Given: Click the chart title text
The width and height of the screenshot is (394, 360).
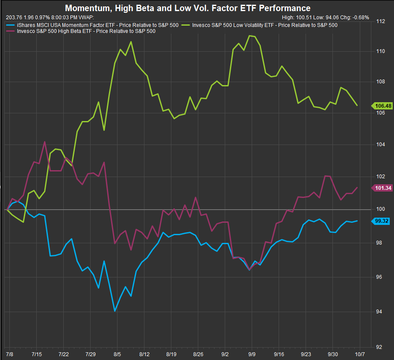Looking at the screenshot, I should (188, 8).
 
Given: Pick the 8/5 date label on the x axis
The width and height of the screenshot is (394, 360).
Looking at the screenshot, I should (117, 354).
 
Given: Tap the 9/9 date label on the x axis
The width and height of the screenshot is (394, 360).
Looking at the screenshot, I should (252, 354).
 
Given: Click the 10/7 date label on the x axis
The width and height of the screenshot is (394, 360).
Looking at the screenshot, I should (359, 354).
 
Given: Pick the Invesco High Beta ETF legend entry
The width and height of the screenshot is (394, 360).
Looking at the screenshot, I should (86, 31).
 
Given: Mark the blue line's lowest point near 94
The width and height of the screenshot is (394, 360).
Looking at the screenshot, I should (115, 311).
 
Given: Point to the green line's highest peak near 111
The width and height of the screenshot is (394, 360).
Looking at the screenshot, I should (250, 35).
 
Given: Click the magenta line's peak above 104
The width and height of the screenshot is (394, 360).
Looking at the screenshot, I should (45, 142).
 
